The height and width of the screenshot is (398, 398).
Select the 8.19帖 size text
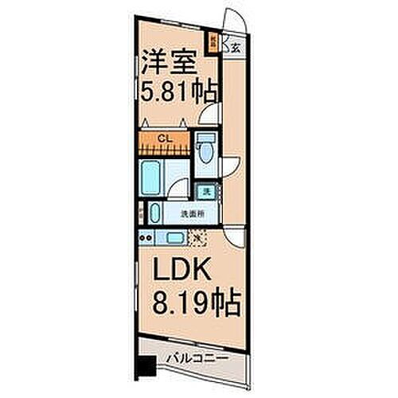[x=195, y=304]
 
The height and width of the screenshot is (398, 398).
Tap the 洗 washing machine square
[x=206, y=191]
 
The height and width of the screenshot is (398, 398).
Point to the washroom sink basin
[x=154, y=213]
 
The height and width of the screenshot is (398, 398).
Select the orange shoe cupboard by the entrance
[x=213, y=40]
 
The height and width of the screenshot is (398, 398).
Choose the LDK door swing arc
[x=233, y=236]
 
